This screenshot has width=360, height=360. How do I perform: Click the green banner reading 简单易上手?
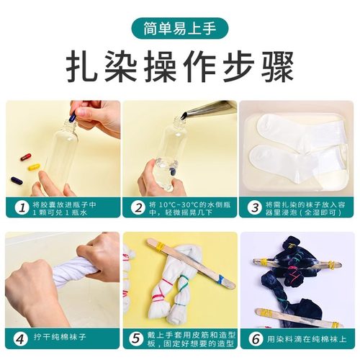click(180, 30)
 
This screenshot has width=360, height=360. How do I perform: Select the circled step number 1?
click(20, 207)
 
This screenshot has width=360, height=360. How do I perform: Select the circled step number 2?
click(138, 207)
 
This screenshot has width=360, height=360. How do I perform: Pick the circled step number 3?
click(254, 207)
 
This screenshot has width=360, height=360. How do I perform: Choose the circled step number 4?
click(20, 338)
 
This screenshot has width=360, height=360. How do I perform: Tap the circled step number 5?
click(138, 338)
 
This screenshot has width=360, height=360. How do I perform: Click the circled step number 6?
click(254, 338)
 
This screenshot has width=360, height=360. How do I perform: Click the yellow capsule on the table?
click(34, 166)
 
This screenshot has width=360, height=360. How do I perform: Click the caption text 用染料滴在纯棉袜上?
click(306, 338)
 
